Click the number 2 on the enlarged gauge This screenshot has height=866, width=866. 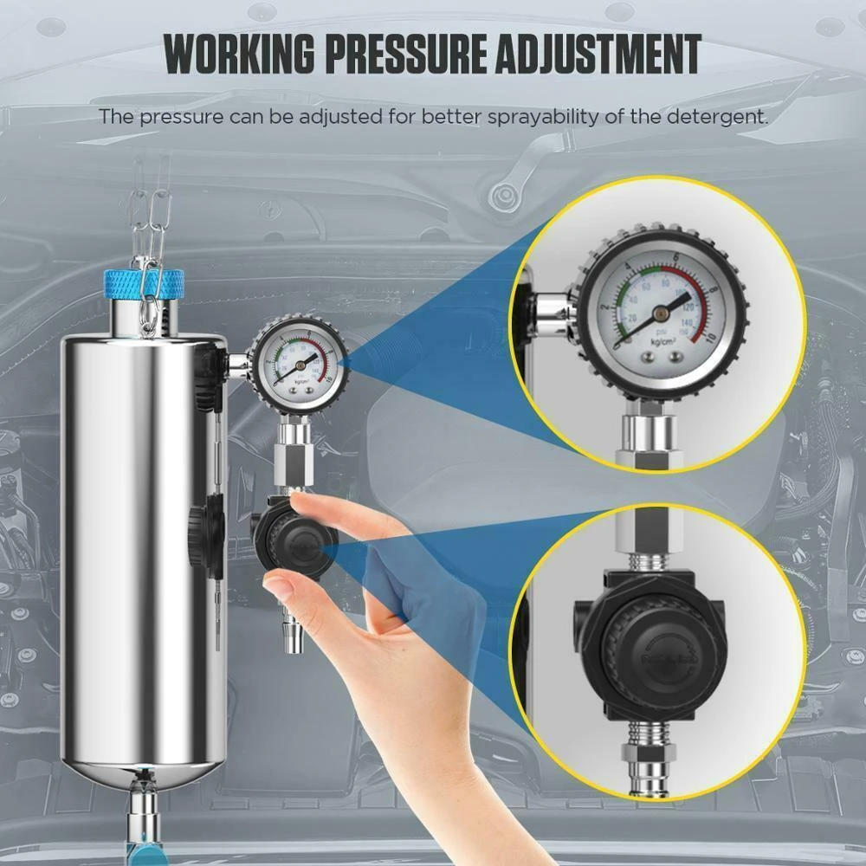(604, 308)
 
